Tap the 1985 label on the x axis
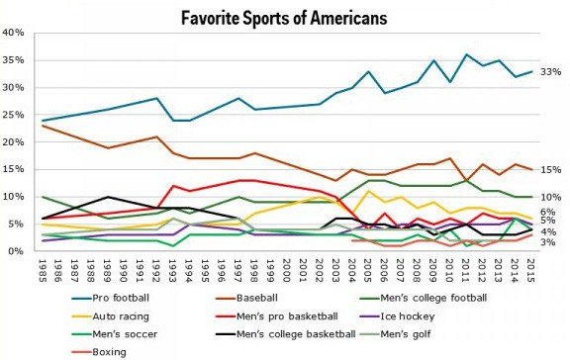[x=41, y=270]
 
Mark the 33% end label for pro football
[x=549, y=72]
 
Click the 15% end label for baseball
[x=549, y=170]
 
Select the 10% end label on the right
[x=549, y=197]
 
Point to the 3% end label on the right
[x=547, y=242]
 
